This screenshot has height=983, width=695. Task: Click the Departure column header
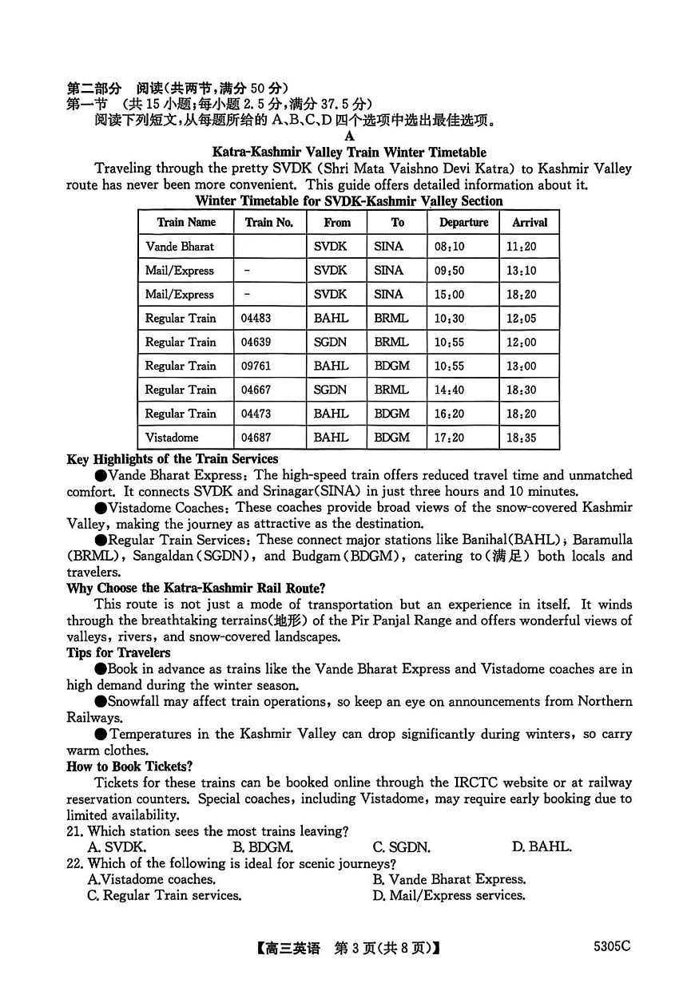click(463, 223)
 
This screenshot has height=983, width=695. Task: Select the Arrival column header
click(529, 223)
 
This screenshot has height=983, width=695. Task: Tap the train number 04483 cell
click(256, 318)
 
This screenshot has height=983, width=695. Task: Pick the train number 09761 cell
click(256, 366)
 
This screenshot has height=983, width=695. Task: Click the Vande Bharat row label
click(180, 247)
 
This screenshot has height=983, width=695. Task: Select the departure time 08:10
click(449, 247)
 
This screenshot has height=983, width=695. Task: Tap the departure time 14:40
click(449, 390)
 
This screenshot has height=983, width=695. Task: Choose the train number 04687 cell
click(256, 438)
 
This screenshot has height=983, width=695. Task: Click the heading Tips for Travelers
click(119, 652)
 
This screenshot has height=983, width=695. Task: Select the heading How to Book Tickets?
click(129, 766)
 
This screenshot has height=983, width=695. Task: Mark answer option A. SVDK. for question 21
click(117, 847)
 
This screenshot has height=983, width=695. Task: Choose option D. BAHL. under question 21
click(542, 847)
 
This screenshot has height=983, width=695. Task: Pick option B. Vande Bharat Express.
click(449, 879)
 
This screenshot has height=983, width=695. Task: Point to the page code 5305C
click(612, 946)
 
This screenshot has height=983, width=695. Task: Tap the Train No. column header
click(269, 223)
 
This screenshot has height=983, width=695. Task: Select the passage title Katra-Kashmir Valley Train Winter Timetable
click(349, 152)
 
